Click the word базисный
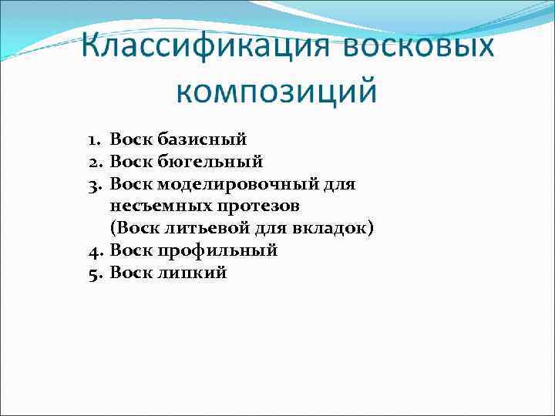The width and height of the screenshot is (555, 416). (203, 140)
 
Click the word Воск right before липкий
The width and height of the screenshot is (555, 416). (132, 273)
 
